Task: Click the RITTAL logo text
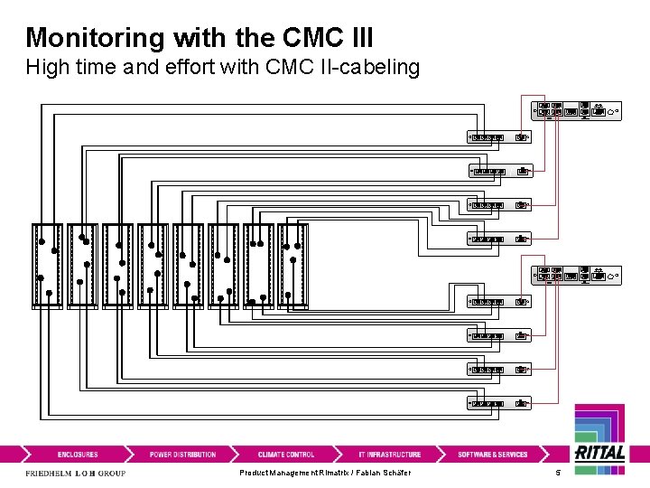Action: click(x=599, y=454)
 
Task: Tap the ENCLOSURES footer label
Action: click(x=78, y=455)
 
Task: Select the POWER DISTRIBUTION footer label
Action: click(x=182, y=455)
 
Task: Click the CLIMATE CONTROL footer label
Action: click(x=286, y=455)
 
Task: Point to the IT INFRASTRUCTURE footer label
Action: click(x=389, y=455)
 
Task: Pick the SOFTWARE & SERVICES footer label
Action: click(x=492, y=455)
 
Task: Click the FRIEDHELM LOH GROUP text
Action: click(x=75, y=474)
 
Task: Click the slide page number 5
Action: click(x=558, y=474)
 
